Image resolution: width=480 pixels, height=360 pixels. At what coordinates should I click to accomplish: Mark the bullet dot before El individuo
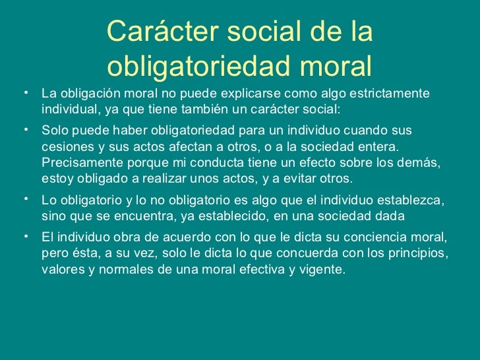point(24,234)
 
